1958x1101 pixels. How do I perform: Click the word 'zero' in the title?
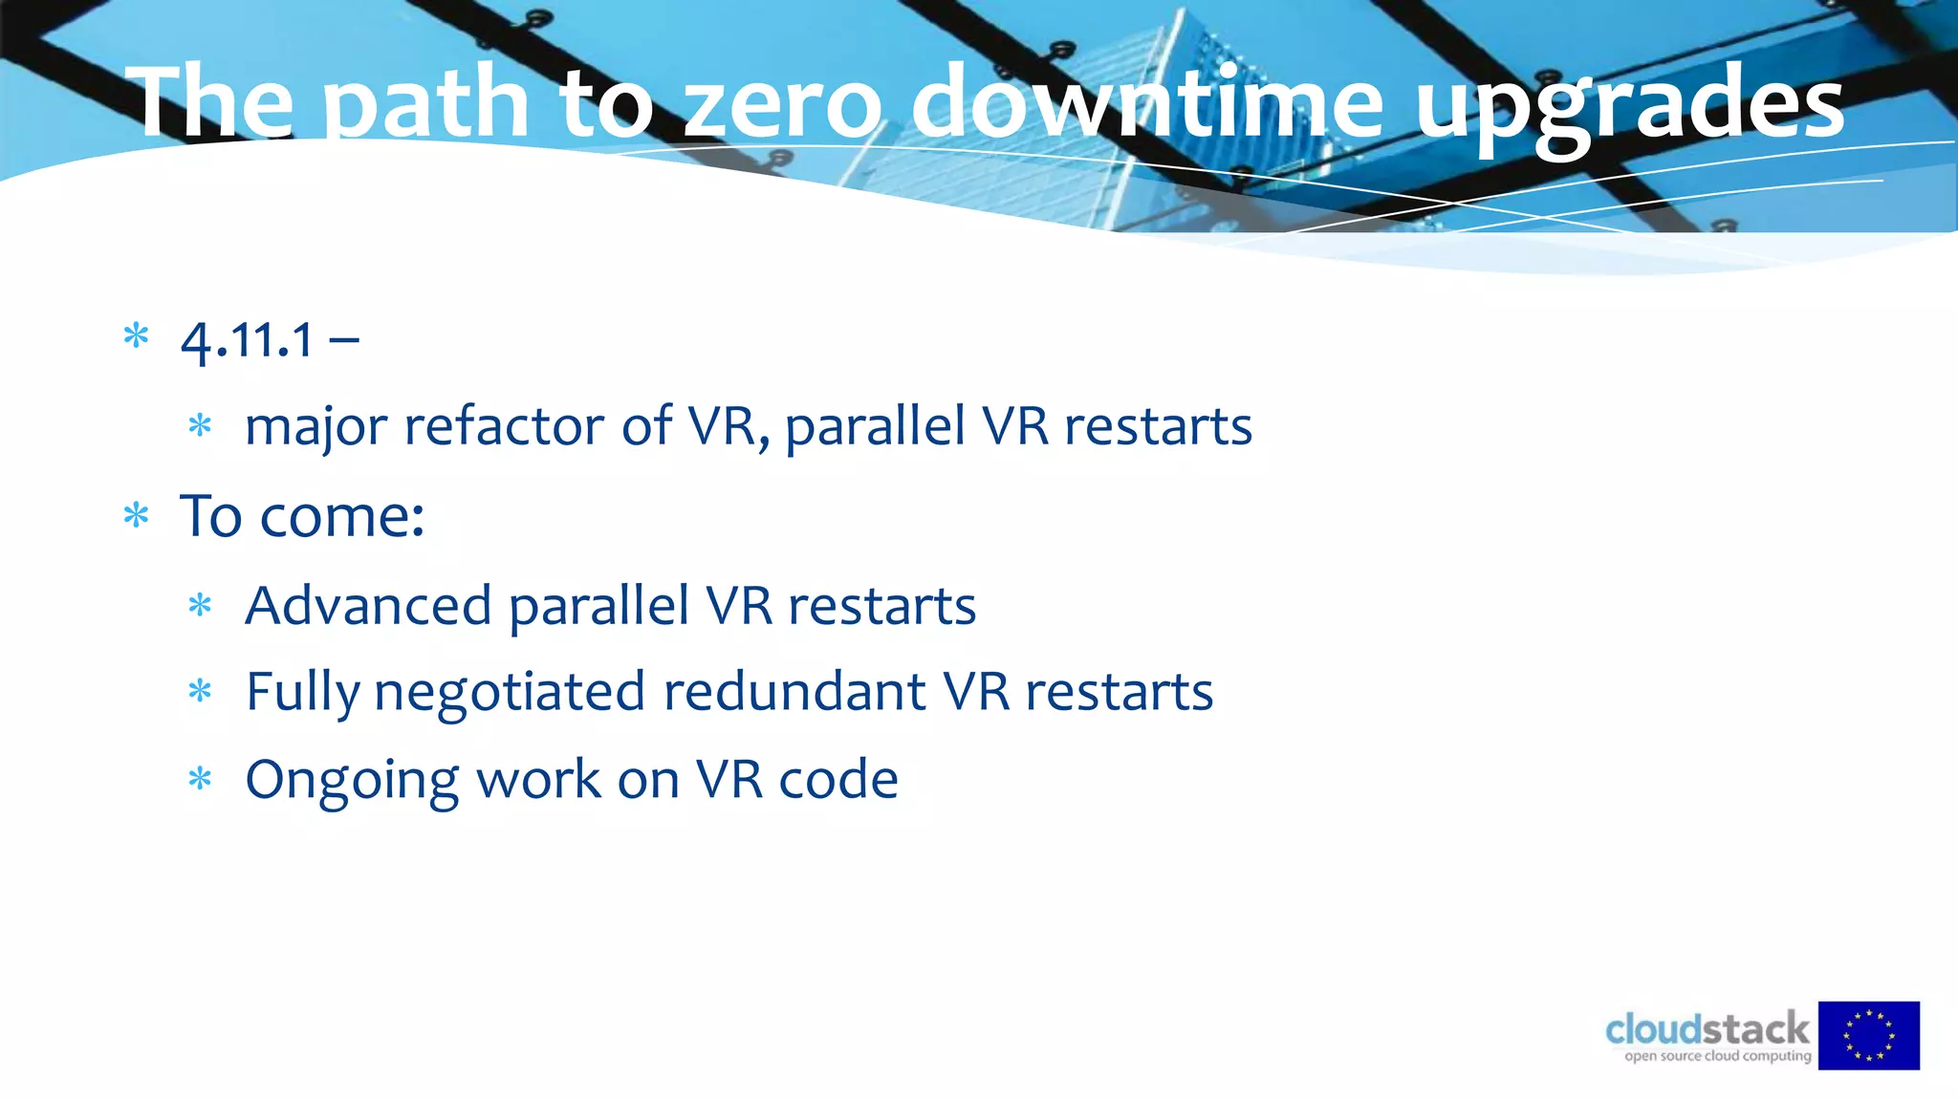click(784, 103)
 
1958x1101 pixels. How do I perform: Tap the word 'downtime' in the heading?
click(1147, 103)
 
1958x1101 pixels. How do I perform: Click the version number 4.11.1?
click(248, 340)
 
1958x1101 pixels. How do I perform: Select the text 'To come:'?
click(302, 516)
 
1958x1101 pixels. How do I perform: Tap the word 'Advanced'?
click(368, 605)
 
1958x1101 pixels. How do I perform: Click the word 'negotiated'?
click(509, 692)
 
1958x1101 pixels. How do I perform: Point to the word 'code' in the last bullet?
click(838, 779)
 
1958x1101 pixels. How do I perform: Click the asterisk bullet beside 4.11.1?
click(137, 336)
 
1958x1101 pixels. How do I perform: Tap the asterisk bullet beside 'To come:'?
click(137, 516)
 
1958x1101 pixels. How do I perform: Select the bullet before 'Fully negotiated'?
click(200, 690)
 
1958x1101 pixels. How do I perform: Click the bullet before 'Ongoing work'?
click(200, 779)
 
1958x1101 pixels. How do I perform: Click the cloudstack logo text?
click(1708, 1029)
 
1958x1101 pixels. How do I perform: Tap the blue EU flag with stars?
click(1868, 1035)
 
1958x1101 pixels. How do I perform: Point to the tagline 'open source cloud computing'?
click(1717, 1056)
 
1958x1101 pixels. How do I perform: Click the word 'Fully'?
click(302, 692)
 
